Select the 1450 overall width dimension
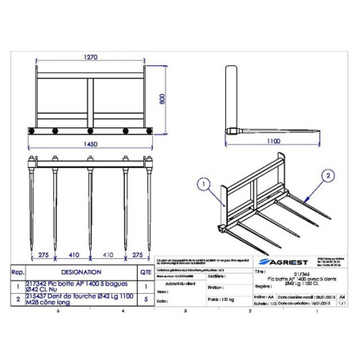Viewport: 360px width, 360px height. point(95,146)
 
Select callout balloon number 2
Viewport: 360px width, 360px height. point(327,174)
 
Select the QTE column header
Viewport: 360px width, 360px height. point(144,270)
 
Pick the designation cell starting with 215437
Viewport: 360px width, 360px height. point(79,299)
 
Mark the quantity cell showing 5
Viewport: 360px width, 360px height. point(144,299)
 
